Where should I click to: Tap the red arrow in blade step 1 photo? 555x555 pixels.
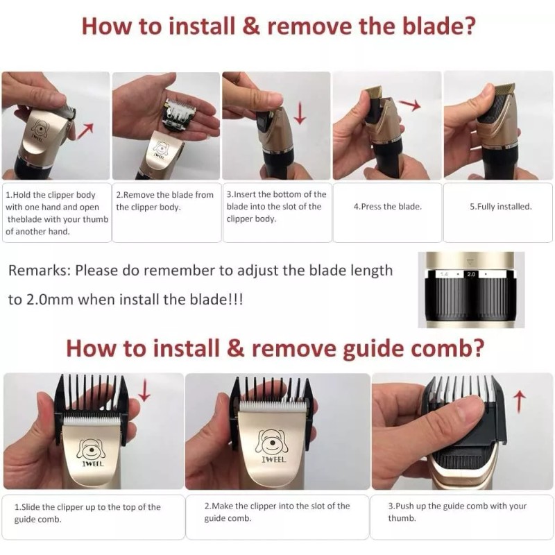(x=85, y=132)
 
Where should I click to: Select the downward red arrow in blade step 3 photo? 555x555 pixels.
(x=300, y=113)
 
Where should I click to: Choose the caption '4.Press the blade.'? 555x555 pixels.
(x=388, y=207)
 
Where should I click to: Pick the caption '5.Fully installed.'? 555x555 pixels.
(x=500, y=207)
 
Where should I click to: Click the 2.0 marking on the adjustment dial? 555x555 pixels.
(x=471, y=274)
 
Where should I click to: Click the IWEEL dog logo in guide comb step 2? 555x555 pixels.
(x=272, y=445)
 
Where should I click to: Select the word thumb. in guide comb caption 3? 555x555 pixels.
(x=402, y=518)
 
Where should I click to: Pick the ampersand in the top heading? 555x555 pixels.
(x=251, y=26)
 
